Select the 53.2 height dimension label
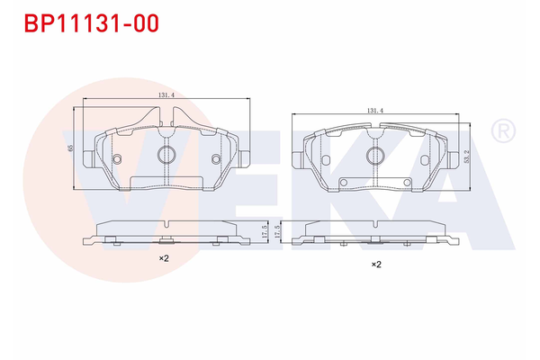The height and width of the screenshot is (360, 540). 465,157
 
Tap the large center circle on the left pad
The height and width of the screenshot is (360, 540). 166,155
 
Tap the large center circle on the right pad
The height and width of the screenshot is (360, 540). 375,156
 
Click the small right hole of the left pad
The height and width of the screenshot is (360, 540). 215,159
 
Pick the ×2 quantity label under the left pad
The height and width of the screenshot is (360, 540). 164,258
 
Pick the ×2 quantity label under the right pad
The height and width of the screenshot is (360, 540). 376,265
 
